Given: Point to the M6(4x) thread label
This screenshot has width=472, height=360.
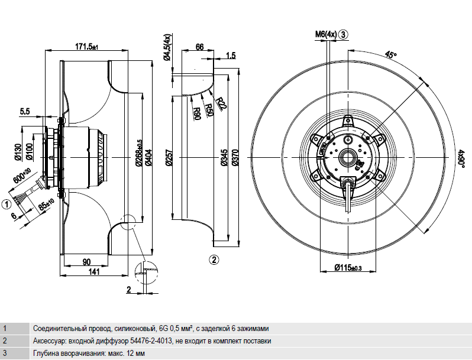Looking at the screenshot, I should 325,34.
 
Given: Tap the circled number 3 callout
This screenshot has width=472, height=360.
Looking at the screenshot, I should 344,34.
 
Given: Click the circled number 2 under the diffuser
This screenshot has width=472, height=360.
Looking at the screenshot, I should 214,259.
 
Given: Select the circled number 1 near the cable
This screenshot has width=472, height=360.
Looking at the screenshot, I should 7,205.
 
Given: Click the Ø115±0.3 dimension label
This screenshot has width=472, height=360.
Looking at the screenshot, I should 347,268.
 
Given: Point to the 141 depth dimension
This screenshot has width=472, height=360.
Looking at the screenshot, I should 95,271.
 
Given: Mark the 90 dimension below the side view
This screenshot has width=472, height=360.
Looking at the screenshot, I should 86,261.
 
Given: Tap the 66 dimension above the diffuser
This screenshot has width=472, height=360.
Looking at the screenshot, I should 199,46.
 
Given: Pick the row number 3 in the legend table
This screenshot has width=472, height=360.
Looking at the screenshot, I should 5,353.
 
